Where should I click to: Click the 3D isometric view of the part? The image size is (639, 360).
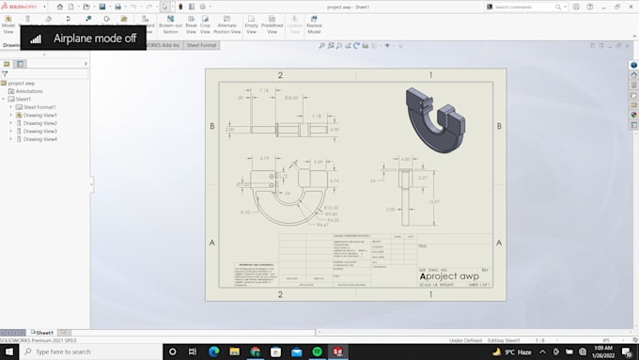[x=438, y=118]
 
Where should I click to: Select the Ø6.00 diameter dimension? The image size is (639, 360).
[x=291, y=98]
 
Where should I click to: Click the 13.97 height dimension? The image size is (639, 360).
[x=433, y=201]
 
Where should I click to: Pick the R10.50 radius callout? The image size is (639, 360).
[x=332, y=207]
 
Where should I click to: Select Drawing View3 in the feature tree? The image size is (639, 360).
[x=40, y=131]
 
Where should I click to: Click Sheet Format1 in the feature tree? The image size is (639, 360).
[x=39, y=107]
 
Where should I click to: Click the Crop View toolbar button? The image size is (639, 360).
[x=205, y=25]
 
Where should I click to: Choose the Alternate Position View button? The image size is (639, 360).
[x=227, y=25]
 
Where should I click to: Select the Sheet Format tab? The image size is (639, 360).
[x=202, y=45]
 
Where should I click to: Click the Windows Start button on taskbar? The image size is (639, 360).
[x=10, y=351]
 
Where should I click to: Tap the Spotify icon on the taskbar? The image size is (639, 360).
[x=318, y=351]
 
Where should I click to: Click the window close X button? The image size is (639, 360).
[x=631, y=7]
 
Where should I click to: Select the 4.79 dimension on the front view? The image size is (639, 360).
[x=265, y=159]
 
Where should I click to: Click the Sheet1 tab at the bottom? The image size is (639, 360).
[x=43, y=332]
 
